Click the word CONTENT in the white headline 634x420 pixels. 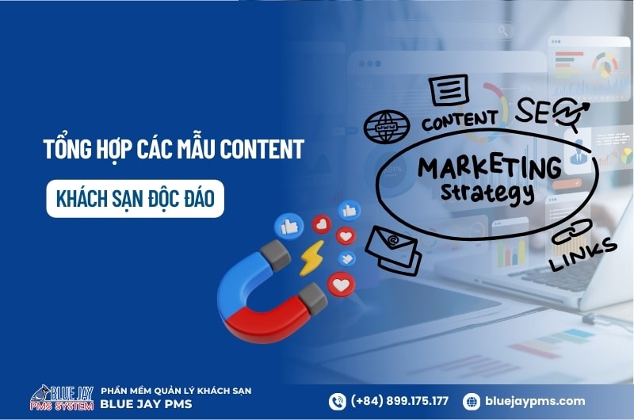coord(262,149)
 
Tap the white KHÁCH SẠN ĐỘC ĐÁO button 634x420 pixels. coord(135,199)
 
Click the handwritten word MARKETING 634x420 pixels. coord(490,166)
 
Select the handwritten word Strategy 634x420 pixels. coord(487,193)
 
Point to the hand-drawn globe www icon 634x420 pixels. coord(386,127)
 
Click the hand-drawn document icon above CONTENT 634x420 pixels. coord(449,90)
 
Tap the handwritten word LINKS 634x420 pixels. coord(583,254)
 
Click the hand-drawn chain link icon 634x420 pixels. coord(571,231)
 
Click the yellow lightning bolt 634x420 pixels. coord(311,258)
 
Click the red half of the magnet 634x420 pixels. coord(271,319)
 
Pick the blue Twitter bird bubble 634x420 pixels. coord(347,258)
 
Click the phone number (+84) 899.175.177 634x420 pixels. coord(399,401)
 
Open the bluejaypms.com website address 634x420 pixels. coord(534,402)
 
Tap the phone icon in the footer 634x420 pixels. coord(338,402)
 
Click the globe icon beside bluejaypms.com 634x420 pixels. coord(471,402)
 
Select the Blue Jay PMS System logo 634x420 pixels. coord(62,398)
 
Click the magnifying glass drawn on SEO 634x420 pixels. coord(567,113)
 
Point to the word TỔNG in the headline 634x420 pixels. coord(67,148)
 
